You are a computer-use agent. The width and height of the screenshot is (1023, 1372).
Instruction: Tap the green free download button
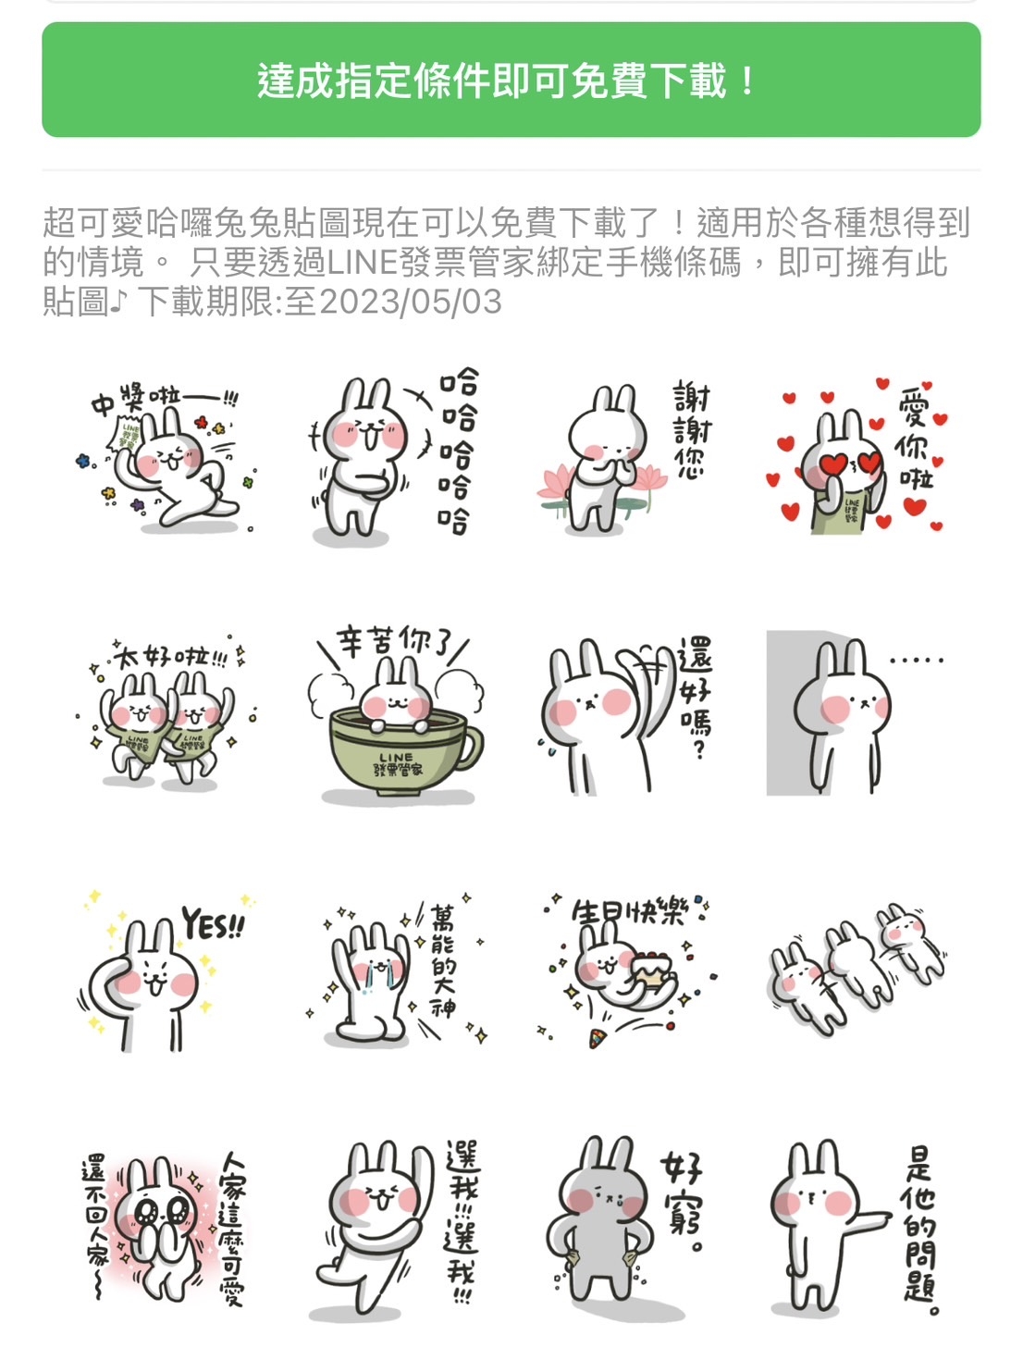[511, 80]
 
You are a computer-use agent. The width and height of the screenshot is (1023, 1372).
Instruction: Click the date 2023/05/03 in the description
[411, 303]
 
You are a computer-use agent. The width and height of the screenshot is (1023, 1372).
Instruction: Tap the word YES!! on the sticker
[213, 924]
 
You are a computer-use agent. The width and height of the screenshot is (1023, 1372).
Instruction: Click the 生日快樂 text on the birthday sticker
[629, 913]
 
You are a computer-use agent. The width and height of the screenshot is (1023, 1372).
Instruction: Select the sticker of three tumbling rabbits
[857, 967]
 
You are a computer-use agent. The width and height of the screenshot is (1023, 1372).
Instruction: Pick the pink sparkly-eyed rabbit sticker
[165, 1226]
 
